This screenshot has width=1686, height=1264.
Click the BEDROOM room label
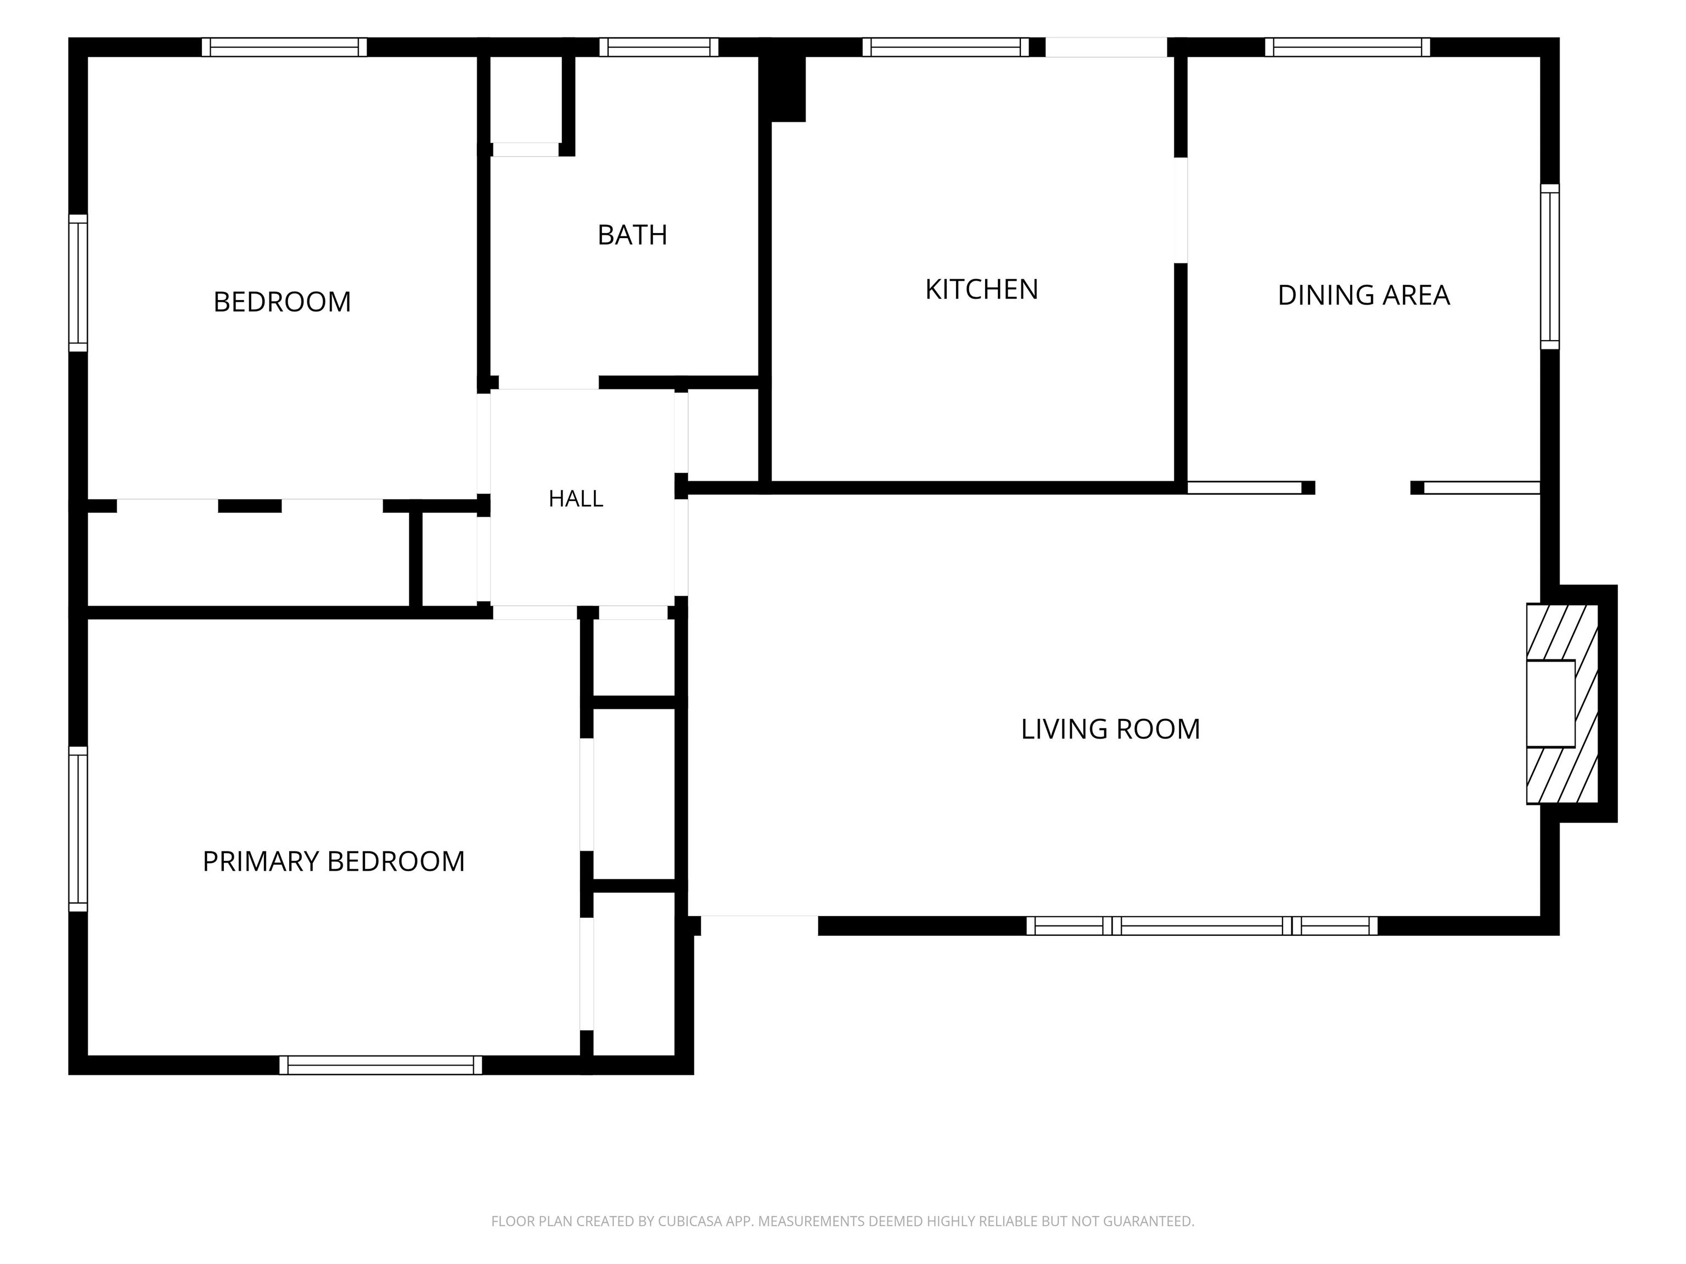coord(282,302)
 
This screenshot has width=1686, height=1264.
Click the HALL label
coord(576,499)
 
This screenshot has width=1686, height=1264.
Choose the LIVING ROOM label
coord(1110,729)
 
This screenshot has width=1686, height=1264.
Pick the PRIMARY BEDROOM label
coord(333,862)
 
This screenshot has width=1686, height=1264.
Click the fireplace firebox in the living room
coord(1550,703)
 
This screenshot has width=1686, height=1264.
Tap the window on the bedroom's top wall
coord(284,47)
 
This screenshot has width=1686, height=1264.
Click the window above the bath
coord(659,47)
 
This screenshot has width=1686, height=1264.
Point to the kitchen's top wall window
coord(946,47)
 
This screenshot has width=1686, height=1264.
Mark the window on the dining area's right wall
coord(1549,266)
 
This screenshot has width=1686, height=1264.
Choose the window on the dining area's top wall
coord(1347,47)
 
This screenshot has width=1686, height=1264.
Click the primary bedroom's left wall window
coord(78,829)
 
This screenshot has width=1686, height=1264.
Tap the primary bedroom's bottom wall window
coord(380,1065)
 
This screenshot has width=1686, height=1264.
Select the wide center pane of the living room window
coord(1202,926)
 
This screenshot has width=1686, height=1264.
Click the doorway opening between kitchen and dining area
coord(1181,210)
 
